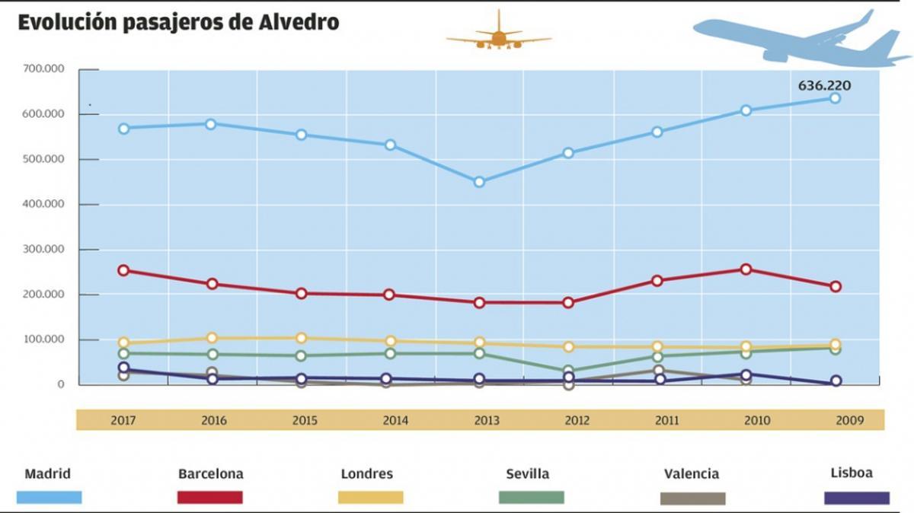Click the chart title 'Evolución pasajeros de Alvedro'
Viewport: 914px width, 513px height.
pos(178,23)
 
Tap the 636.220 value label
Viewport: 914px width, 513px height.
pos(824,86)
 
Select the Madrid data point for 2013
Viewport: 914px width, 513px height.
pos(479,182)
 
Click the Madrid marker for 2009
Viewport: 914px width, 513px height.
pos(835,98)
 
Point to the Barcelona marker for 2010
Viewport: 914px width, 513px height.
pos(746,269)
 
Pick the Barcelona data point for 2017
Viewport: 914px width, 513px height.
pos(123,270)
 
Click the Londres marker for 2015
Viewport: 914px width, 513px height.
pos(301,338)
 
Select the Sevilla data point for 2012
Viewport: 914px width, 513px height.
pos(568,371)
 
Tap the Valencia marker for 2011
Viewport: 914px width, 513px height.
pos(657,371)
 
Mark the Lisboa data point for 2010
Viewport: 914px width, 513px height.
pos(746,375)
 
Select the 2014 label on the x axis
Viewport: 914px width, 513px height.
pos(395,420)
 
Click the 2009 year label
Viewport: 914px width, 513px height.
pos(845,420)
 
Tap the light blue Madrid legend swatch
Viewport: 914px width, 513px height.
pos(49,498)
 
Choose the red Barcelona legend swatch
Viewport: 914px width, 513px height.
pos(210,498)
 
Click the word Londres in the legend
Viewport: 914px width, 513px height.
pos(367,474)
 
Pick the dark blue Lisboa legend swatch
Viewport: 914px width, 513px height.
pos(857,498)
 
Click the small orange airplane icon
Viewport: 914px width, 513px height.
pos(499,34)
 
